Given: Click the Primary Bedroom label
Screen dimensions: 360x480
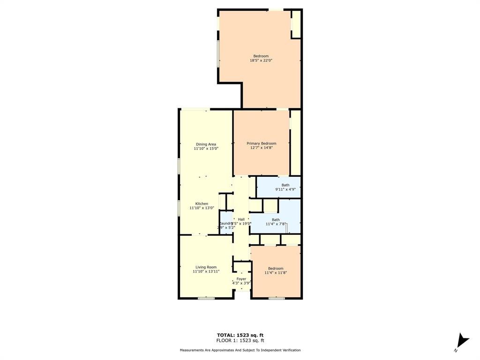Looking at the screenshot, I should click(262, 143).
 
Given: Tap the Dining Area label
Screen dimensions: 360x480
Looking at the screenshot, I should click(206, 144).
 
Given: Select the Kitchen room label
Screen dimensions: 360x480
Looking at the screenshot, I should click(202, 203).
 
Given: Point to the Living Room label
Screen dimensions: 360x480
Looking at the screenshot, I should click(206, 267).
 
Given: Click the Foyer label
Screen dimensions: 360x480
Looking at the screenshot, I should click(241, 279).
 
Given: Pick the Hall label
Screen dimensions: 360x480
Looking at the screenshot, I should click(241, 219).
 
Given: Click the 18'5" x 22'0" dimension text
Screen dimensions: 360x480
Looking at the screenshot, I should click(261, 60).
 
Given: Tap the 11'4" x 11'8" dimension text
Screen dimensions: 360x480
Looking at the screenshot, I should click(276, 272).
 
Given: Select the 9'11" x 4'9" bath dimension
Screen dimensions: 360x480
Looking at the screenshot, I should click(285, 189).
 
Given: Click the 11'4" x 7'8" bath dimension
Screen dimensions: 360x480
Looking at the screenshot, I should click(276, 224).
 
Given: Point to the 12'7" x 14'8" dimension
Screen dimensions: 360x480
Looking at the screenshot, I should click(262, 148).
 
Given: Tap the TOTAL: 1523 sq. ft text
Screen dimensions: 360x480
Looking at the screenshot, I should click(240, 335).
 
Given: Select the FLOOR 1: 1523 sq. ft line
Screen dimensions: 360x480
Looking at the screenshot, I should click(240, 340).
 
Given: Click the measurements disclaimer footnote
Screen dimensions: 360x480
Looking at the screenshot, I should click(240, 350).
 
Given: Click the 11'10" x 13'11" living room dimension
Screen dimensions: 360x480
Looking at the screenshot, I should click(206, 271).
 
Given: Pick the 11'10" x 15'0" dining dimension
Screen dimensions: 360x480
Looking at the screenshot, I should click(206, 148).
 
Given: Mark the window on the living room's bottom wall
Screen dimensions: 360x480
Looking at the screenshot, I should click(206, 298).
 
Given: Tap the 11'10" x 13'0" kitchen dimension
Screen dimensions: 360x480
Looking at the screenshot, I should click(202, 208).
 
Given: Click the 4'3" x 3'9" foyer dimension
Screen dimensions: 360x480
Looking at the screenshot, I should click(241, 283).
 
